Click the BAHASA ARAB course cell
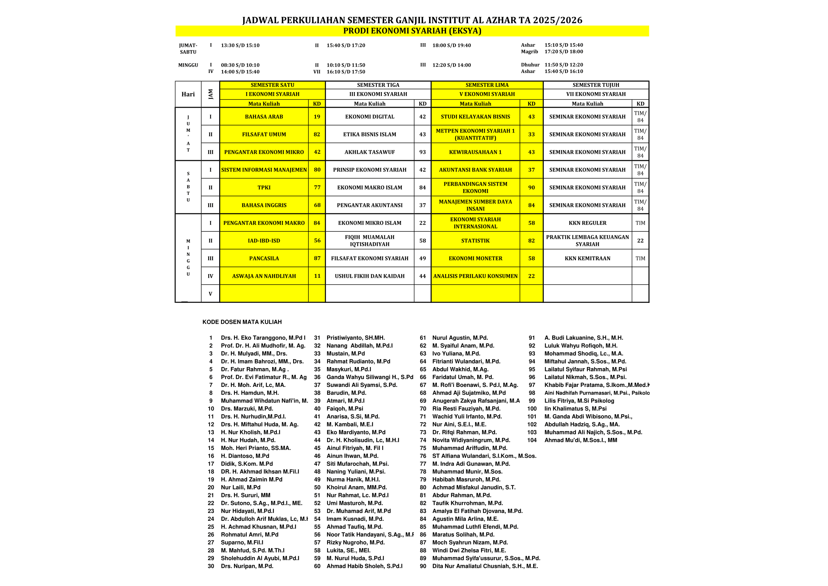[264, 117]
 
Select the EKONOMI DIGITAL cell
[369, 117]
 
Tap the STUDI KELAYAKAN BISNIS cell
[475, 117]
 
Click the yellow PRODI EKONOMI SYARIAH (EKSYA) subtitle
[412, 31]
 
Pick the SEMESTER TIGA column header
[378, 85]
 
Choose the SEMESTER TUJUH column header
[595, 85]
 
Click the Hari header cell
[188, 94]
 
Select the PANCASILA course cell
[264, 258]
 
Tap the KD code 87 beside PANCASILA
[317, 258]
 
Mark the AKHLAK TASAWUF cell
[369, 152]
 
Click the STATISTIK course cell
[475, 241]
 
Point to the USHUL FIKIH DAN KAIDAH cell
[369, 276]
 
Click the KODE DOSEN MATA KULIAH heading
[242, 322]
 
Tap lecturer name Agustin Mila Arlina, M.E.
[465, 519]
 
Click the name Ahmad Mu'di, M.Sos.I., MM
[581, 440]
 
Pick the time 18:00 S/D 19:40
[451, 45]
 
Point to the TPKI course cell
[264, 188]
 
